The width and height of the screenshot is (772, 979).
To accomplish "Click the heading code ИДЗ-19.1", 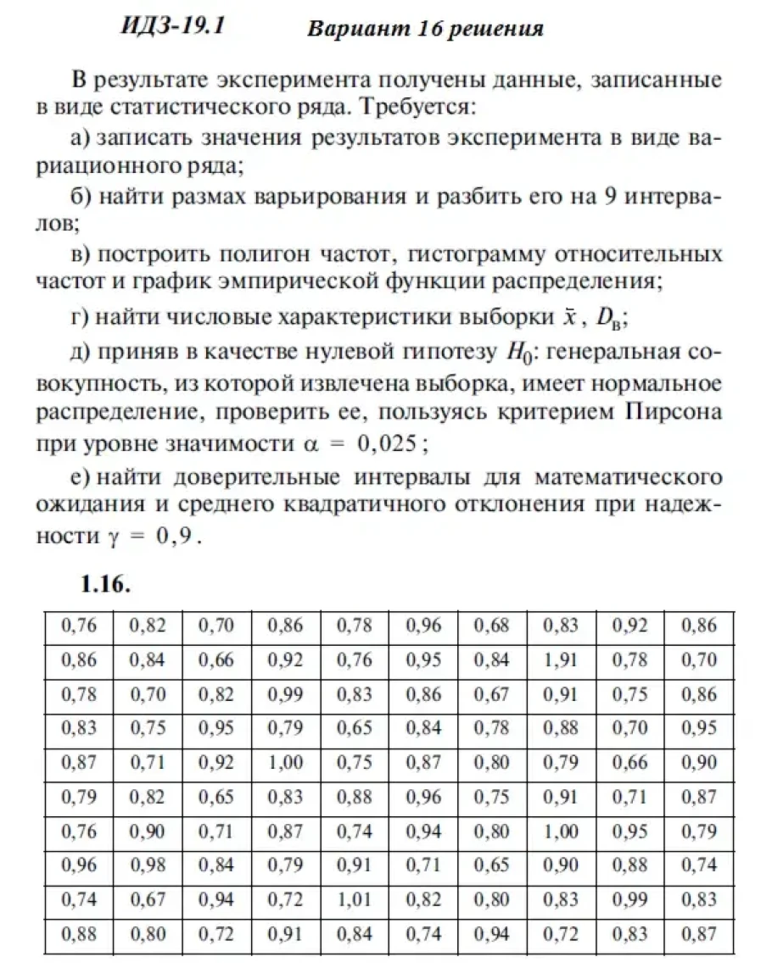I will coord(174,25).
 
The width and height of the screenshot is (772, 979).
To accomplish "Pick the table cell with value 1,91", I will coord(561,660).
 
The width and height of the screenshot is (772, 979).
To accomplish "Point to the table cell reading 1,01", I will coord(354,900).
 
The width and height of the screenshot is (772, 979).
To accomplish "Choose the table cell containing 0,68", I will coord(492,626).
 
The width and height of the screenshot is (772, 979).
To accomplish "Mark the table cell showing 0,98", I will coord(148,865).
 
